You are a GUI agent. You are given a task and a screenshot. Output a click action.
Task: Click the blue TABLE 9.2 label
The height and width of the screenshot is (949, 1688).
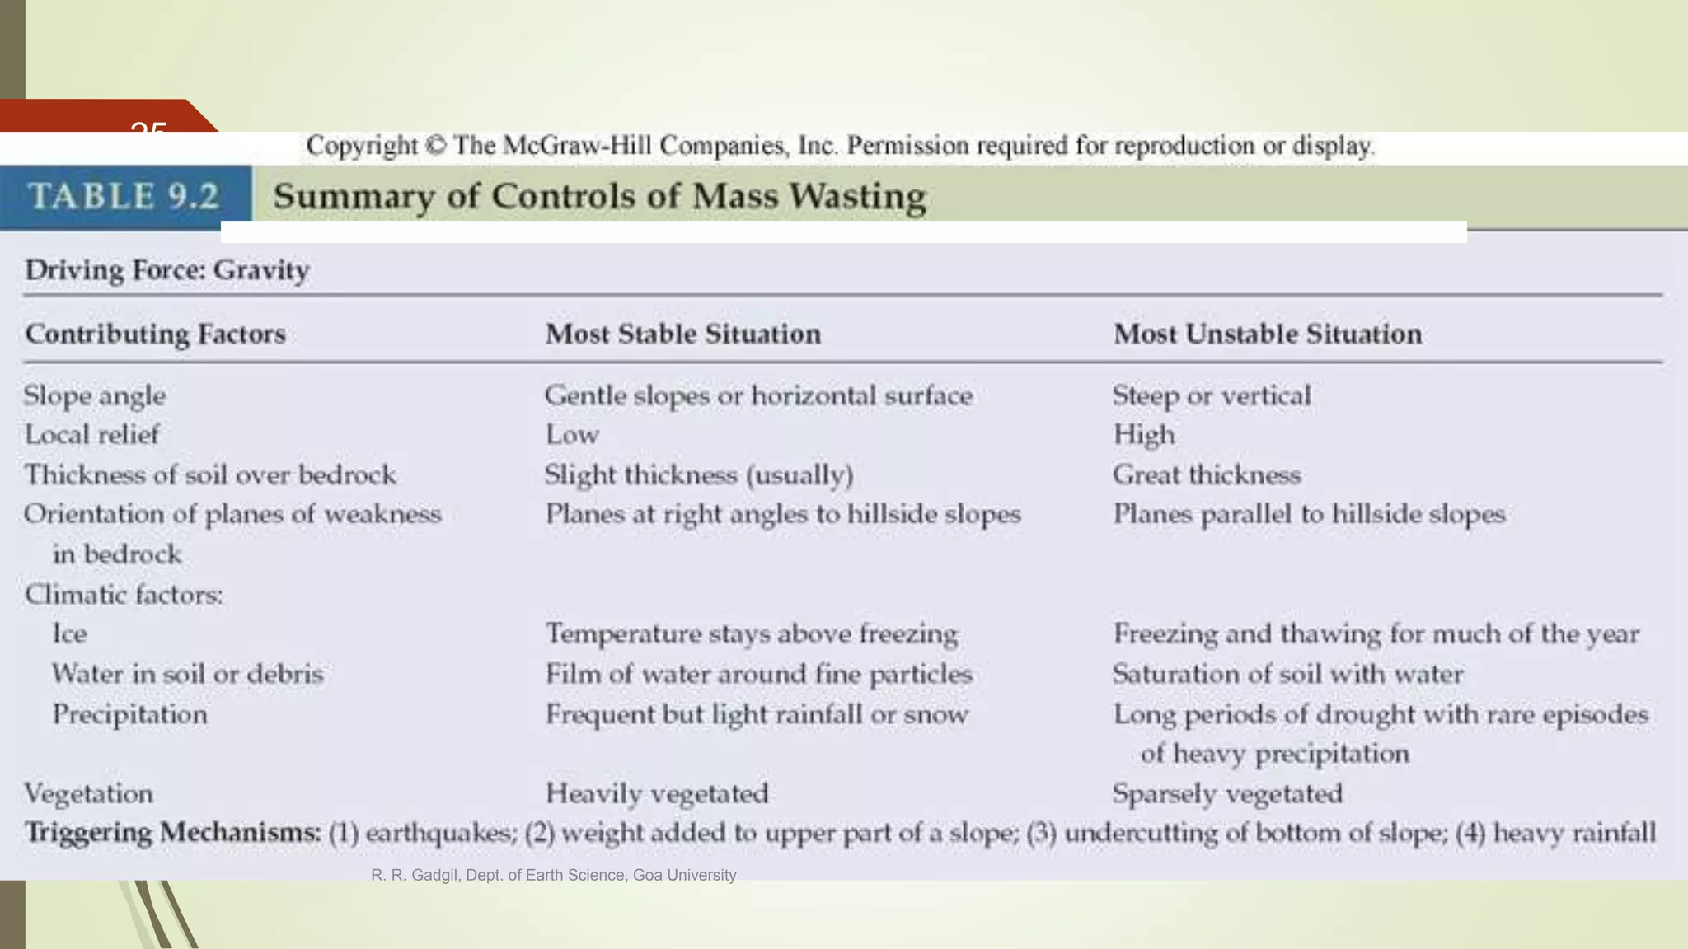[x=124, y=196]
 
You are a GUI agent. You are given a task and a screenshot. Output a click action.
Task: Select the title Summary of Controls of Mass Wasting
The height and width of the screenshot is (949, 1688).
[x=599, y=196]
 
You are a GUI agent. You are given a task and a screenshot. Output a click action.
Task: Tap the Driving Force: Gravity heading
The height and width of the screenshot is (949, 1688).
[x=167, y=270]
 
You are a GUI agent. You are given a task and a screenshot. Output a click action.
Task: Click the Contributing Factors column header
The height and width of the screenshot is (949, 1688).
[x=156, y=334]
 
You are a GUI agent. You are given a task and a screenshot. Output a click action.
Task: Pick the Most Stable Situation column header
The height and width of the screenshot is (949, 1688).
[x=683, y=334]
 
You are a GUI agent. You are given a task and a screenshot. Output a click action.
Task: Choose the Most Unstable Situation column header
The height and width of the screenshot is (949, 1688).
[x=1268, y=334]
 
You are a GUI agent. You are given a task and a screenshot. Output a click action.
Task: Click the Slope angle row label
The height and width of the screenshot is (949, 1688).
[x=95, y=395]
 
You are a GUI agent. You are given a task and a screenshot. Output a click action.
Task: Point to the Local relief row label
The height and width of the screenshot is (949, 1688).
[x=92, y=434]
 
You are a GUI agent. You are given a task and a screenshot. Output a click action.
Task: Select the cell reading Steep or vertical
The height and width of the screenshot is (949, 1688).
[x=1212, y=395]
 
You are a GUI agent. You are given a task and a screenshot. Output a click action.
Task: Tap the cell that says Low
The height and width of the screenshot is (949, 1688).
[x=572, y=434]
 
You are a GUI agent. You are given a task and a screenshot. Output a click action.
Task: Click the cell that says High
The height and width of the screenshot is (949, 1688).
[x=1144, y=434]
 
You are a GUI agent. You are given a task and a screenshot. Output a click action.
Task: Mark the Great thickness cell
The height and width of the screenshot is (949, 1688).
[x=1207, y=474]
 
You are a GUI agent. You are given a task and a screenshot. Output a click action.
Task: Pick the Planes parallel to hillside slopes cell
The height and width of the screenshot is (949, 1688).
[x=1309, y=514]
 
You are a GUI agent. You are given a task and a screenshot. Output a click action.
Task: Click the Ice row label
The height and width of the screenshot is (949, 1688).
[x=69, y=633]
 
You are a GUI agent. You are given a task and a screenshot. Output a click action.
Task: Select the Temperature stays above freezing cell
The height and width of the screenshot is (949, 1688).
[x=752, y=633]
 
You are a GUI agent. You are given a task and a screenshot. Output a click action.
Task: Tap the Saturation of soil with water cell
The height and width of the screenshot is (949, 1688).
[x=1288, y=674]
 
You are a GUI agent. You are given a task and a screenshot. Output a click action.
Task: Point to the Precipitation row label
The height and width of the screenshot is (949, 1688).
[x=129, y=713]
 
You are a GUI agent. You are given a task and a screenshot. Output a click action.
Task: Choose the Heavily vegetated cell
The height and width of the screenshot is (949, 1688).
[x=657, y=793]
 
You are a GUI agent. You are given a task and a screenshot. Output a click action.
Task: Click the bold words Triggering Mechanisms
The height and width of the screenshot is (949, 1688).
[x=173, y=832]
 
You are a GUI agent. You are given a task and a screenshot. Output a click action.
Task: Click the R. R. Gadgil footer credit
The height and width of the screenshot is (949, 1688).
[x=553, y=875]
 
